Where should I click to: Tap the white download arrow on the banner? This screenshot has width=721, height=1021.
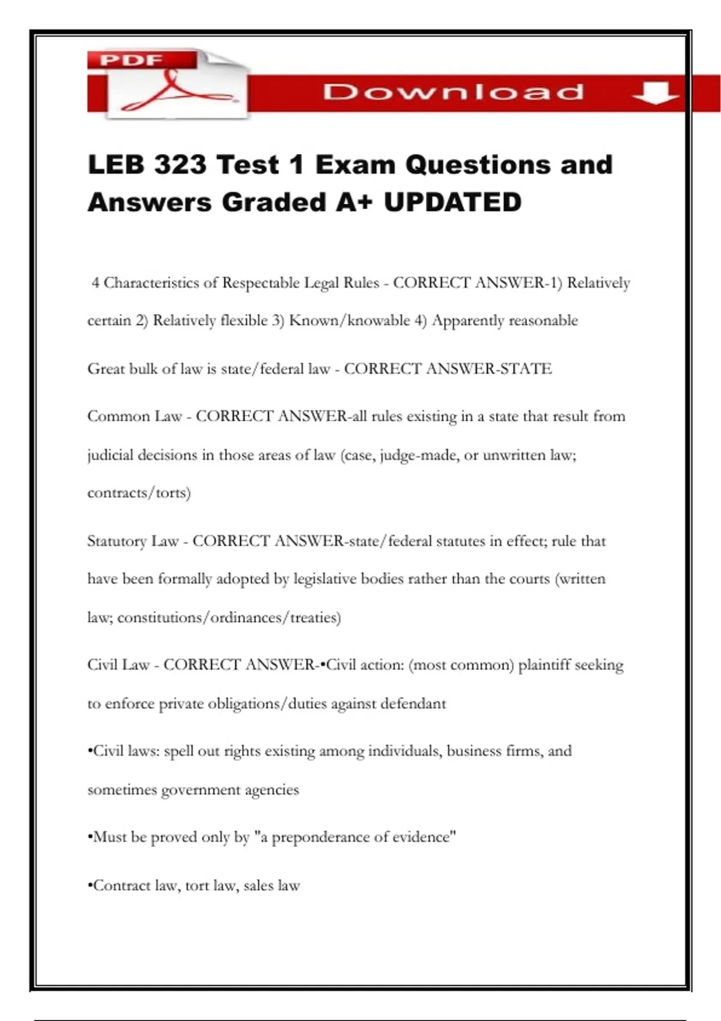tap(656, 93)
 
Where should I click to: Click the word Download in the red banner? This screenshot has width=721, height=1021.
tap(454, 92)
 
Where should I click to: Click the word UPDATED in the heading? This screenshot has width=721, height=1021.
tap(453, 202)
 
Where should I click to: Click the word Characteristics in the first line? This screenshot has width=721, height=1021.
tap(152, 283)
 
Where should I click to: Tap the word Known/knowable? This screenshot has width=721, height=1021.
tap(349, 321)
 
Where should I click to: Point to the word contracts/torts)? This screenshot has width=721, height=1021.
tap(139, 493)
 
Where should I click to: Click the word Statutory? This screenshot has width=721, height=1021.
tap(117, 542)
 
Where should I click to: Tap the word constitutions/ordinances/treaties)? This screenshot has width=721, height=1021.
tap(229, 617)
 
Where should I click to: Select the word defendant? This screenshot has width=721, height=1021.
tap(413, 704)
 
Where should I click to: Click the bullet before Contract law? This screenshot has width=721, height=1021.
tap(90, 886)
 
